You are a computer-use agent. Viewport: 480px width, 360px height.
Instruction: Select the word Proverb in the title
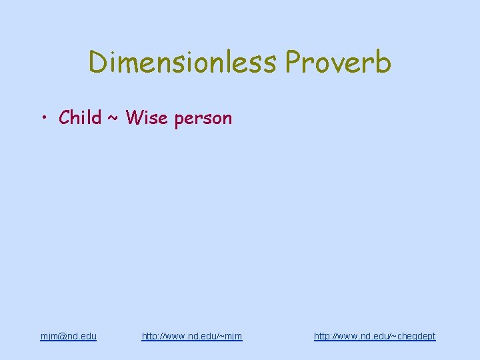pos(338,63)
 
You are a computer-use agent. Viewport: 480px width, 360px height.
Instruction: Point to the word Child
pos(80,118)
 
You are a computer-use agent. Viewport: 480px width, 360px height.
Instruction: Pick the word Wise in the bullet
pos(145,118)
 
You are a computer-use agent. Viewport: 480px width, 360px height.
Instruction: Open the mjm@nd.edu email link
pos(68,336)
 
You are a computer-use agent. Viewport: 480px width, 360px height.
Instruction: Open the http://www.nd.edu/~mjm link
pos(192,336)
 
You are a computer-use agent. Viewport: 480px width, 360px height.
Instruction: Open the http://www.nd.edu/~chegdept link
pos(375,336)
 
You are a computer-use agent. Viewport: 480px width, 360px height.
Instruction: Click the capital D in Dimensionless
pos(97,63)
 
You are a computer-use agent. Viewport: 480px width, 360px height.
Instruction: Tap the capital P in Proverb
pos(293,63)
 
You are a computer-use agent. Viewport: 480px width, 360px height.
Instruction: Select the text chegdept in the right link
pos(414,337)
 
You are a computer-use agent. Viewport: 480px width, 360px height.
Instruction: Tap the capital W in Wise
pos(133,118)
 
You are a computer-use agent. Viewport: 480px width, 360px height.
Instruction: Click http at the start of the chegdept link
pos(322,336)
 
